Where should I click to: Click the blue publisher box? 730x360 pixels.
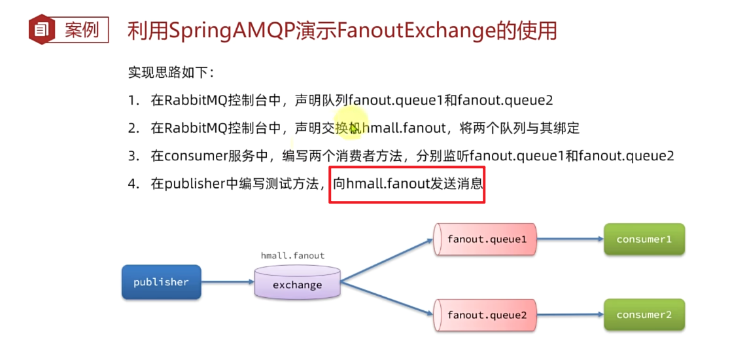(x=161, y=281)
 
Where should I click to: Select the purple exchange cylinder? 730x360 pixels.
(x=297, y=282)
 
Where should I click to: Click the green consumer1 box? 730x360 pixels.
(x=644, y=240)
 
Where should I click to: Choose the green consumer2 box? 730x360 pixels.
(x=644, y=315)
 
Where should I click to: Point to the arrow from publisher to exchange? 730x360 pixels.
(x=228, y=281)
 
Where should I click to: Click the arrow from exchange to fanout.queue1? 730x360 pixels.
(x=387, y=261)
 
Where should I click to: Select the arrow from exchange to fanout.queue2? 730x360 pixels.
(x=387, y=298)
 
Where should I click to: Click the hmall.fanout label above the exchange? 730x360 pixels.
(x=292, y=256)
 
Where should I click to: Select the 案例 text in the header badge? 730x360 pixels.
(x=82, y=30)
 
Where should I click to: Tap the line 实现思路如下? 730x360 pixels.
(x=171, y=73)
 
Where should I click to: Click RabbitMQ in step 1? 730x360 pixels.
(x=196, y=101)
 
